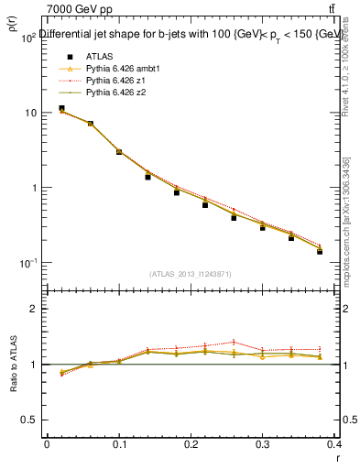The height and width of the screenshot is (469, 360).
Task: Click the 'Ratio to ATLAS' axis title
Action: pos(12,389)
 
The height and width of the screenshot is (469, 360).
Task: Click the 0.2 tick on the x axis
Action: pos(191,444)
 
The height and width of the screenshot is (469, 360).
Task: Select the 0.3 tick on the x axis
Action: pos(262,444)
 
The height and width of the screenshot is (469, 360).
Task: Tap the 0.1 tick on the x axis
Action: pos(118,444)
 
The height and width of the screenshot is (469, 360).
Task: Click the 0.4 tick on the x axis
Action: pos(334,444)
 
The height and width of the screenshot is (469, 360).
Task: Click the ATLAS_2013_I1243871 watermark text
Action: pos(191,274)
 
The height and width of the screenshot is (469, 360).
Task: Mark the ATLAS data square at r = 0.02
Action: pos(61,108)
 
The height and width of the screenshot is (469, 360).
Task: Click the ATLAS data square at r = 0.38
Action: pos(320,251)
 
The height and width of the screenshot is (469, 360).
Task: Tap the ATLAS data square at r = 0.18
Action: pos(177,192)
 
